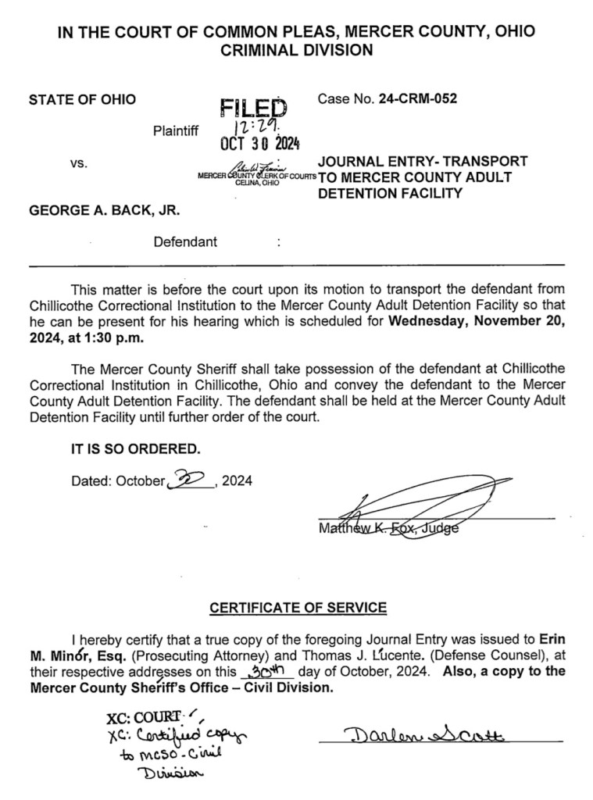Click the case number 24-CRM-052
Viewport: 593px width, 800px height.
[x=418, y=99]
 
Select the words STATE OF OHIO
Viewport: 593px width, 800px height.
[x=82, y=99]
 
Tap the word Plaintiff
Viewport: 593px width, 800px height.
[x=176, y=130]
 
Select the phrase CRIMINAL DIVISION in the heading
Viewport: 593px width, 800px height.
[x=296, y=51]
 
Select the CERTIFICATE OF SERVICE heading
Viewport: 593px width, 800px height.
[x=298, y=607]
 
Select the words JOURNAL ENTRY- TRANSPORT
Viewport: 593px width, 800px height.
[x=423, y=161]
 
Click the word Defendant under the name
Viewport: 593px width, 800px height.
[x=185, y=241]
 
